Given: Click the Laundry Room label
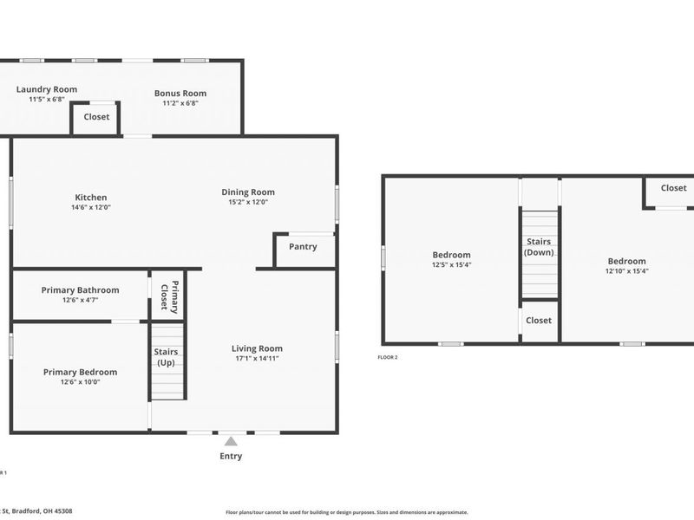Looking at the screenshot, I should point(47,89).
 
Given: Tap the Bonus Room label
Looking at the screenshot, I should point(180,94).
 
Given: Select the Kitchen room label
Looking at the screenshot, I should point(91,198).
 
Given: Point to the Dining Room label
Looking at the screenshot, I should point(248,192).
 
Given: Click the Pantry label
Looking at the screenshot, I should point(303,247).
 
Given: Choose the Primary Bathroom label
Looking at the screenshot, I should point(81,290).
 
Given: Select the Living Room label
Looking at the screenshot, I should point(257,348).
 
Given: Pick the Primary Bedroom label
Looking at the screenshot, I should point(80,373).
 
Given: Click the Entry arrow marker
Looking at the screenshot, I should point(231,441).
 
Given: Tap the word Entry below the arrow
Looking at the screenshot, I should point(231,457).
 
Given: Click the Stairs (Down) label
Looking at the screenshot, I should point(539,247).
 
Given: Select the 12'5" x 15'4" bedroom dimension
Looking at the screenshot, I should point(452,265).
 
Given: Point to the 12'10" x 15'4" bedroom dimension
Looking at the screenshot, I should point(626,271).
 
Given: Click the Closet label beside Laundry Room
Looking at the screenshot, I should point(96,117).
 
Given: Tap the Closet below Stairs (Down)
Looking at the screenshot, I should point(539,321).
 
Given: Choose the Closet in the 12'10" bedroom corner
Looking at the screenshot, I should point(673,188).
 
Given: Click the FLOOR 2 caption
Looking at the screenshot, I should point(387,357).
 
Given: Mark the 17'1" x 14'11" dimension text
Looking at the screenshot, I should point(257,359).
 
